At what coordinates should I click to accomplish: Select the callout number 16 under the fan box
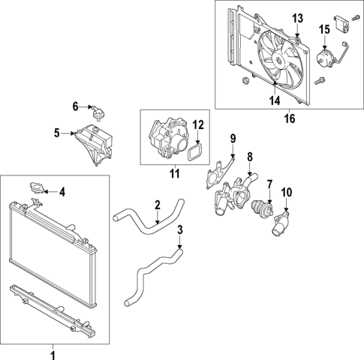290,117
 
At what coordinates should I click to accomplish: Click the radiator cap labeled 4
36,188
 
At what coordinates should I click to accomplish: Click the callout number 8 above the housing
251,158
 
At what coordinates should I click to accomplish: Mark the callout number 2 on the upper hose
158,205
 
